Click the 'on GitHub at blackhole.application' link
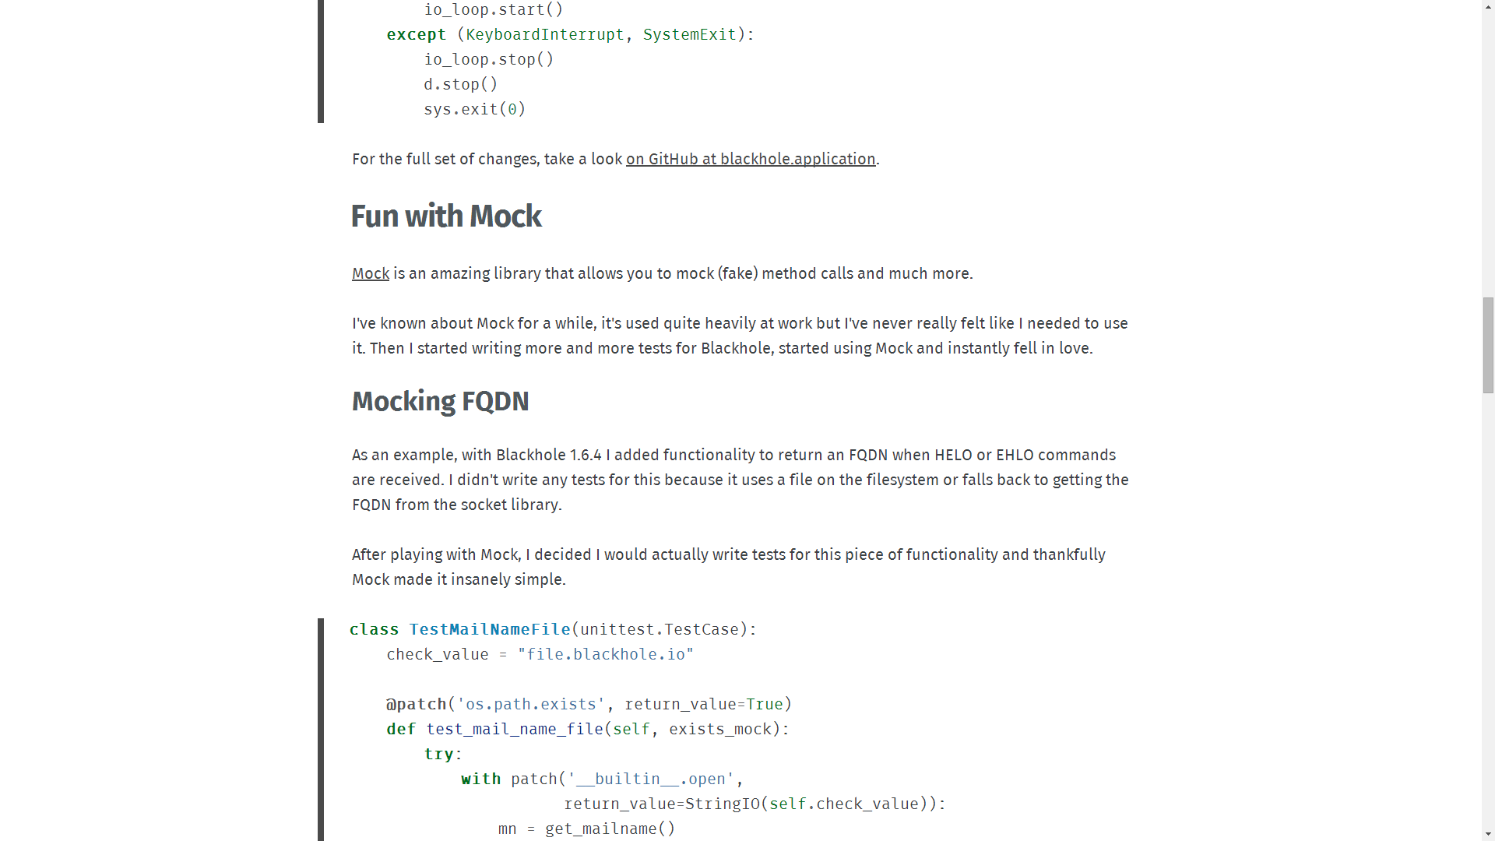[751, 159]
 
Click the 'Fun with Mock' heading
[446, 216]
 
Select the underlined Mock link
[370, 273]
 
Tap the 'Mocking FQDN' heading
[440, 401]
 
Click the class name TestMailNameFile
[490, 629]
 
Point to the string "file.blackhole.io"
[605, 654]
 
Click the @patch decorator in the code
[417, 704]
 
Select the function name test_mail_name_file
[515, 729]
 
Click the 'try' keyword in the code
[439, 754]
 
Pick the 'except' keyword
[416, 34]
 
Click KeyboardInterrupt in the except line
[545, 34]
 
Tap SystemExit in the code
[689, 34]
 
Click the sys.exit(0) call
[474, 109]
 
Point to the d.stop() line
[460, 84]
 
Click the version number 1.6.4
[586, 455]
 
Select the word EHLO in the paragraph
[1015, 455]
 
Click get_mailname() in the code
[610, 829]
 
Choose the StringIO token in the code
[722, 804]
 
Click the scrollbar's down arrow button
[1488, 834]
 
